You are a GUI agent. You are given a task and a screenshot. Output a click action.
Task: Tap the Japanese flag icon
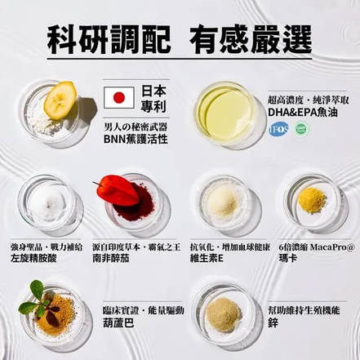[118, 97]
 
